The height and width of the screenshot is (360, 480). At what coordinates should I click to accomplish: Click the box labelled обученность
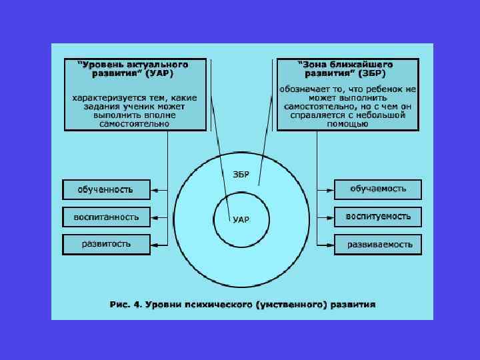click(106, 190)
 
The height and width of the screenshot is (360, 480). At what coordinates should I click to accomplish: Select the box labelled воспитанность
click(106, 217)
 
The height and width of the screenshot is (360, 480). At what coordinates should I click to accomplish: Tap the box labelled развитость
click(106, 244)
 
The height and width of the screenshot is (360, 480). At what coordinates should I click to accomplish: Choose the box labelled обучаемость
click(378, 189)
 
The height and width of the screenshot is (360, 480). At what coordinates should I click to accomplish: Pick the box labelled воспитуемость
click(378, 217)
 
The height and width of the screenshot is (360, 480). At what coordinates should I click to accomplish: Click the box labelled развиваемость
click(378, 244)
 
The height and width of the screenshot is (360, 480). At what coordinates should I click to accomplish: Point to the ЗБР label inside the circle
click(241, 175)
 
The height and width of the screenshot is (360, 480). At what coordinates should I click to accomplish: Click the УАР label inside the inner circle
click(241, 219)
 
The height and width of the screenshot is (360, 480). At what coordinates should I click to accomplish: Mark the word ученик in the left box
click(137, 106)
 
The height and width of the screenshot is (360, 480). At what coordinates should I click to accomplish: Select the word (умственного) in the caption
click(296, 305)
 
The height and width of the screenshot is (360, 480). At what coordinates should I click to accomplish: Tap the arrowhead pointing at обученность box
click(153, 190)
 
